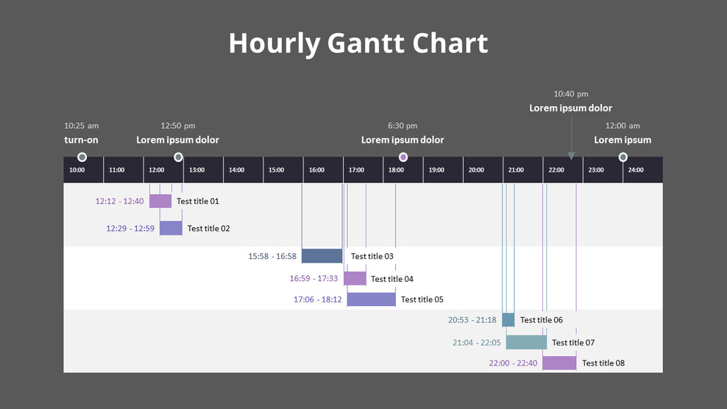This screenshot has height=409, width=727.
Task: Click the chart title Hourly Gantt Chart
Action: (x=358, y=43)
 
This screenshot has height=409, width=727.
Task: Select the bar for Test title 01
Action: (x=160, y=202)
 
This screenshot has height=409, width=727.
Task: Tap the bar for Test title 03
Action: (x=322, y=256)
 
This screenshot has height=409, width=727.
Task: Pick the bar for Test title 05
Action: (x=371, y=299)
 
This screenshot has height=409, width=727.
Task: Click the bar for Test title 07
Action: (x=526, y=342)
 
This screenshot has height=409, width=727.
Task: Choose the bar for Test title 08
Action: (x=559, y=363)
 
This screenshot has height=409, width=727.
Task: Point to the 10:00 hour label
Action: (x=77, y=170)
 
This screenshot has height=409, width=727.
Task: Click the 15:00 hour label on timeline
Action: (x=276, y=170)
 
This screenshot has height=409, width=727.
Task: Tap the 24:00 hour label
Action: (x=635, y=170)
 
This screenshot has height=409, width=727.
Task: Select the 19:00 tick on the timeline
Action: (x=436, y=170)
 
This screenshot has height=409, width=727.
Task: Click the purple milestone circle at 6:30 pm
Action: (x=403, y=157)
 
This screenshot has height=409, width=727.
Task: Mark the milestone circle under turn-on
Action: (x=82, y=157)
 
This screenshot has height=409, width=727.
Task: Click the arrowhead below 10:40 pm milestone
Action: (x=571, y=156)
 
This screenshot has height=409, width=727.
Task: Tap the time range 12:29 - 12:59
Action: (x=130, y=229)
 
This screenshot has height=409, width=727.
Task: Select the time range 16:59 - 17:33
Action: (x=314, y=279)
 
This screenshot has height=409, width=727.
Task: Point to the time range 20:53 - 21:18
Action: (x=472, y=320)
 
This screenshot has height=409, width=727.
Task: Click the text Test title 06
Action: (x=541, y=320)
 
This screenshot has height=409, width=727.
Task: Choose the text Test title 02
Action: (x=208, y=229)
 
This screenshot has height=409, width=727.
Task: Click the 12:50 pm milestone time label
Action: (x=178, y=126)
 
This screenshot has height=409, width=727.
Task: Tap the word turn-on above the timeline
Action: (x=81, y=140)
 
